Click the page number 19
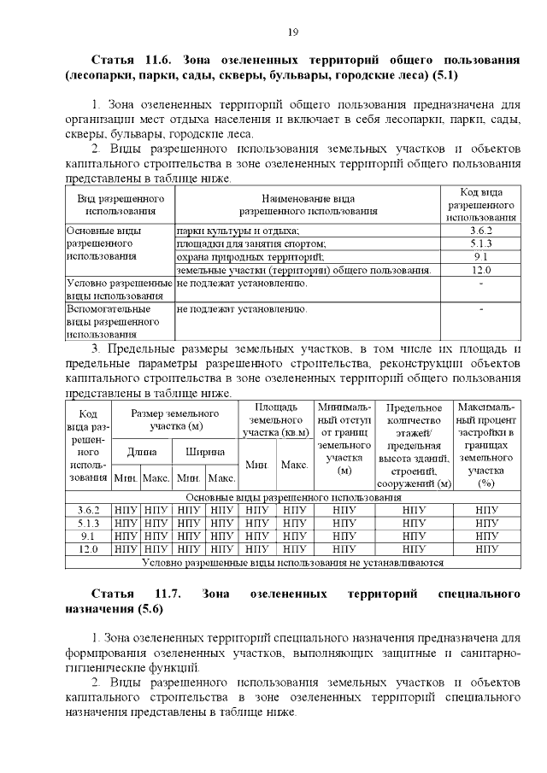click(x=291, y=32)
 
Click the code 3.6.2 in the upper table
click(x=479, y=231)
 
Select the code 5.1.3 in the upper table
click(x=479, y=243)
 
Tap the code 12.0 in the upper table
click(x=479, y=270)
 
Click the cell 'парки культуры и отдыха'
click(x=238, y=231)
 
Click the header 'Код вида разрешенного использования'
click(x=479, y=204)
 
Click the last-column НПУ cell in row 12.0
click(x=487, y=549)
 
